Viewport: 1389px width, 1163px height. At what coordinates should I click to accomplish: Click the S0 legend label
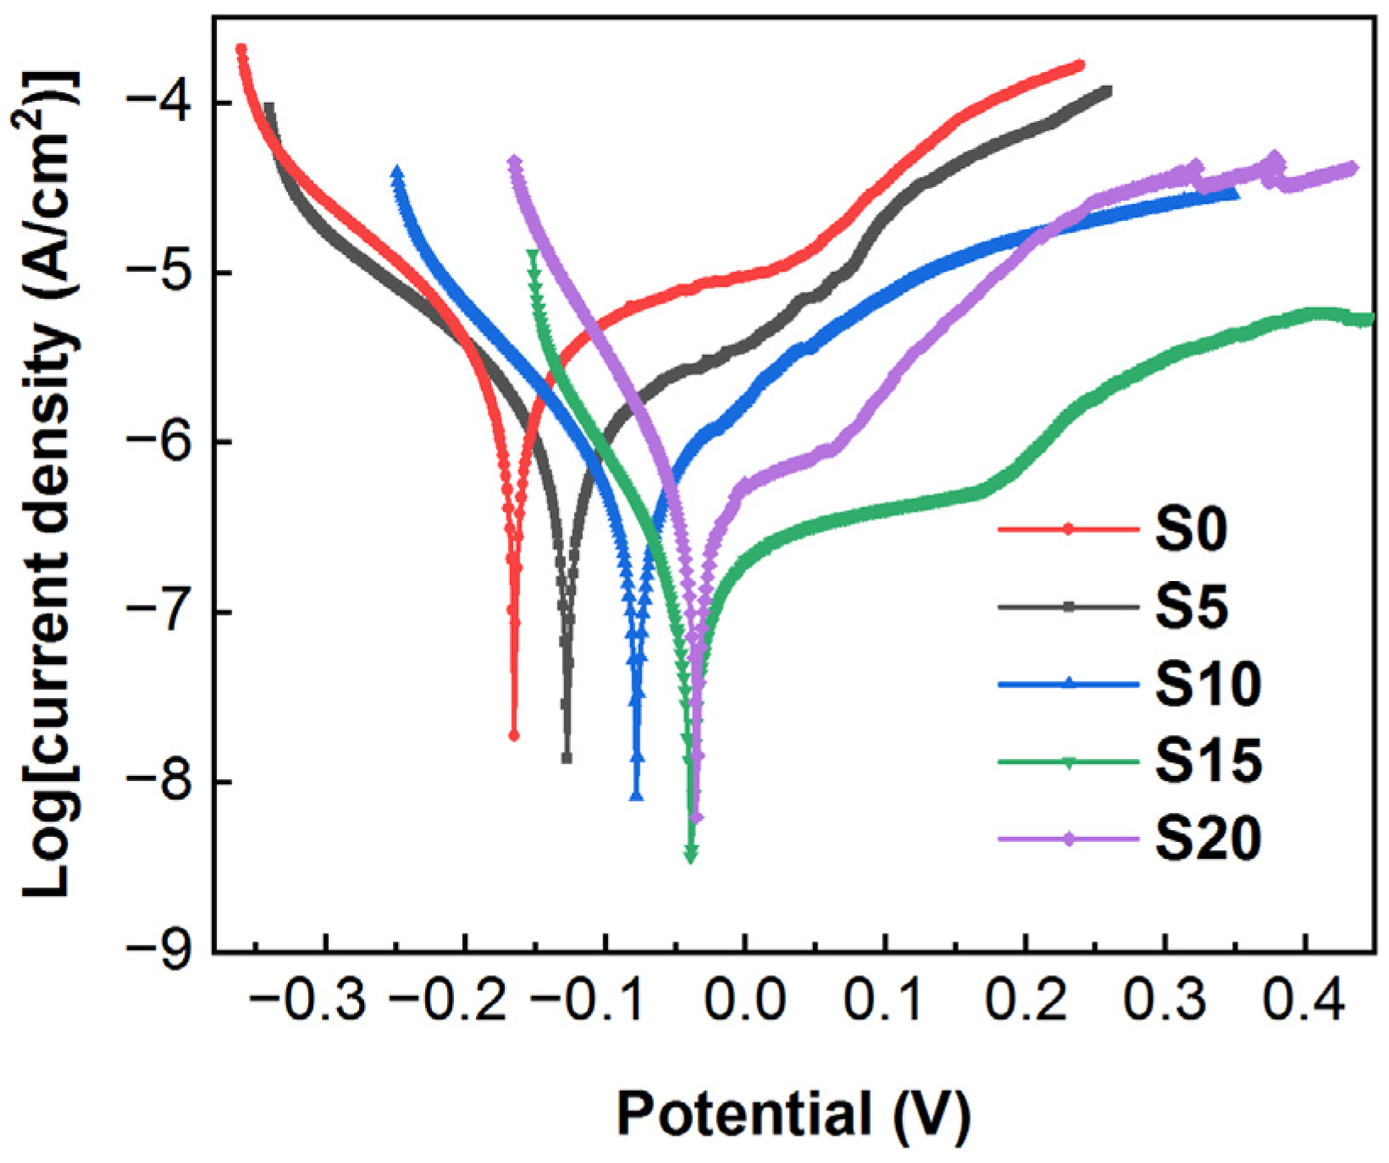tap(1191, 530)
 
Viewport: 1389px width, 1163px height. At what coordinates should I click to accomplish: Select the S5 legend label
tap(1191, 607)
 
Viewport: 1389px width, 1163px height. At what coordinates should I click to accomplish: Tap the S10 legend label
tap(1208, 684)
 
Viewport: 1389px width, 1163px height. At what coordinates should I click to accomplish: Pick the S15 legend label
tap(1208, 761)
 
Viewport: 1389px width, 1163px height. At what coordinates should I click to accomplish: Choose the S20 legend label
tap(1208, 839)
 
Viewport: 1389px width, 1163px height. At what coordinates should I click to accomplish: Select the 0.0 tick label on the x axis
tap(744, 1000)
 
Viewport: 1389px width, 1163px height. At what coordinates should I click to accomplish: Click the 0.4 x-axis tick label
tap(1305, 1000)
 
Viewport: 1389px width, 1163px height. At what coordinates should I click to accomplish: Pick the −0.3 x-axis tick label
tap(309, 1000)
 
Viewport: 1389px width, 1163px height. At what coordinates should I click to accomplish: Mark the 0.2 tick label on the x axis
tap(1025, 1000)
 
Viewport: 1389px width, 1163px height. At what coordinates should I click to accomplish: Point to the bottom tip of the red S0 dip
tap(513, 735)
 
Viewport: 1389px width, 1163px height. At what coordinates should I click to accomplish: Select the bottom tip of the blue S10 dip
tap(637, 796)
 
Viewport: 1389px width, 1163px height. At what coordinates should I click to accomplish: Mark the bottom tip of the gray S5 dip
tap(567, 758)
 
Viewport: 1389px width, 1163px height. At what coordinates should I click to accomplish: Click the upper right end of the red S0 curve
tap(1079, 64)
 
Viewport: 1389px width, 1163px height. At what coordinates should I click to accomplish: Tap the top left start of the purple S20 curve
tap(514, 160)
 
